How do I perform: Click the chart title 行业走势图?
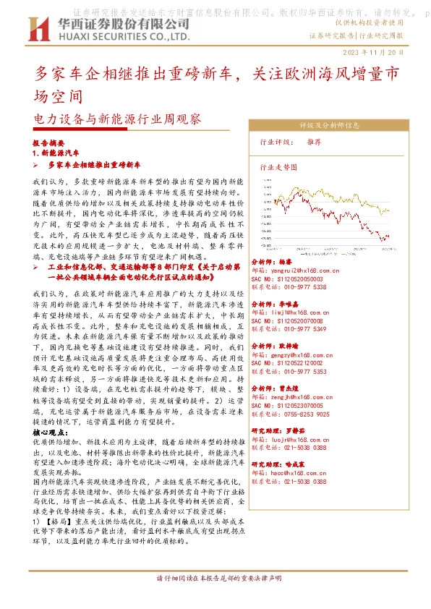point(278,166)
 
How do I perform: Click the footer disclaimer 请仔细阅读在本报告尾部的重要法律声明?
point(215,598)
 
